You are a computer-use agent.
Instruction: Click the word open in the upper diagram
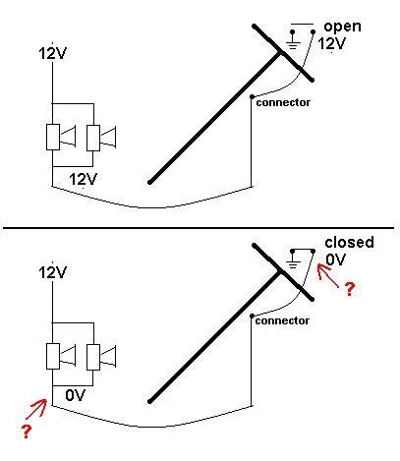pos(342,27)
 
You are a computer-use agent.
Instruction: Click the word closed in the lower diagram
pos(349,242)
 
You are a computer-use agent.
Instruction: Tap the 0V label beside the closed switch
pos(336,259)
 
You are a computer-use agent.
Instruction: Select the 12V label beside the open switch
pos(331,43)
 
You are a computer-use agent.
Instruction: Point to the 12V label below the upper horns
pos(84,179)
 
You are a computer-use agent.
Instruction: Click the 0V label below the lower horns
pos(76,395)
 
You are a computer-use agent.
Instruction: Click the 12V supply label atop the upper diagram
pos(53,53)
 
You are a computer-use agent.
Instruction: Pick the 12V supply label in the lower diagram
pos(53,272)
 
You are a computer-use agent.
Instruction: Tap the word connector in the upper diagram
pos(283,102)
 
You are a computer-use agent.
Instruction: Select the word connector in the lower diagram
pos(282,320)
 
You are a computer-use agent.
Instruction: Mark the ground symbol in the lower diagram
pos(293,259)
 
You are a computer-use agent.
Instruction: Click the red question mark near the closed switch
pos(350,289)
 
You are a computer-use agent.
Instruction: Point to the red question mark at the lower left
pos(27,432)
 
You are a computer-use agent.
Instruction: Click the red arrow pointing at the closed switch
pos(328,275)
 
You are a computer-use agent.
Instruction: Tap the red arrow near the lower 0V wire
pos(36,409)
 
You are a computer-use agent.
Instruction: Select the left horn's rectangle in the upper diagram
pos(53,138)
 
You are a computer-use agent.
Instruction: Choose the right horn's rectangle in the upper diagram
pos(93,138)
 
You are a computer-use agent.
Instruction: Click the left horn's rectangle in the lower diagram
pos(53,356)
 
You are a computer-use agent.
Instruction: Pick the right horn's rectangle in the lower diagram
pos(93,357)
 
